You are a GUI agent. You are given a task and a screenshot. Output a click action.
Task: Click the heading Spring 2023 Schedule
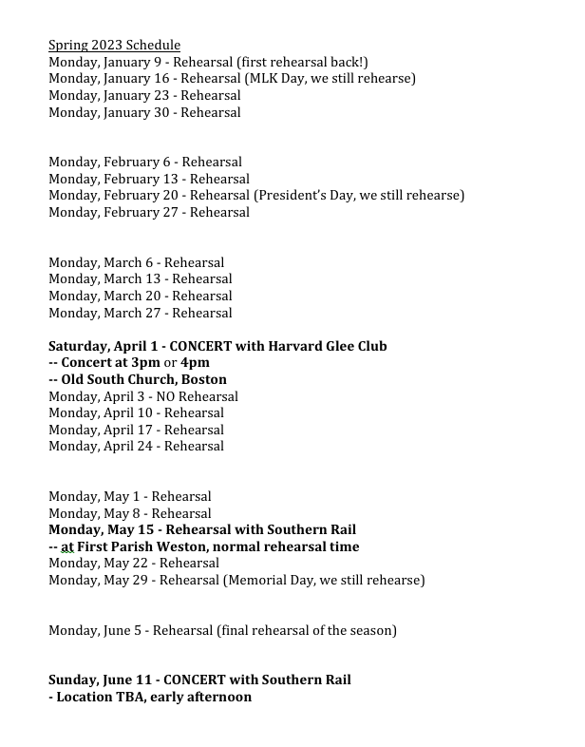click(114, 45)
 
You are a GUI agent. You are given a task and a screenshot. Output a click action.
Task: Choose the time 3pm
click(144, 362)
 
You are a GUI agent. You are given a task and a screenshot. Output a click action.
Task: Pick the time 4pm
click(195, 362)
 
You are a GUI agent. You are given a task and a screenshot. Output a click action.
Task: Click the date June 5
click(123, 630)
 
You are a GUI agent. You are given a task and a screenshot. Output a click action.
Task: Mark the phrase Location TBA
click(98, 697)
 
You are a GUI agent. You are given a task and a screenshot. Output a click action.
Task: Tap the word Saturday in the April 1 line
click(79, 346)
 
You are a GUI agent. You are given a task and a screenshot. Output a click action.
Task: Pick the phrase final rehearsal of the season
click(306, 630)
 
